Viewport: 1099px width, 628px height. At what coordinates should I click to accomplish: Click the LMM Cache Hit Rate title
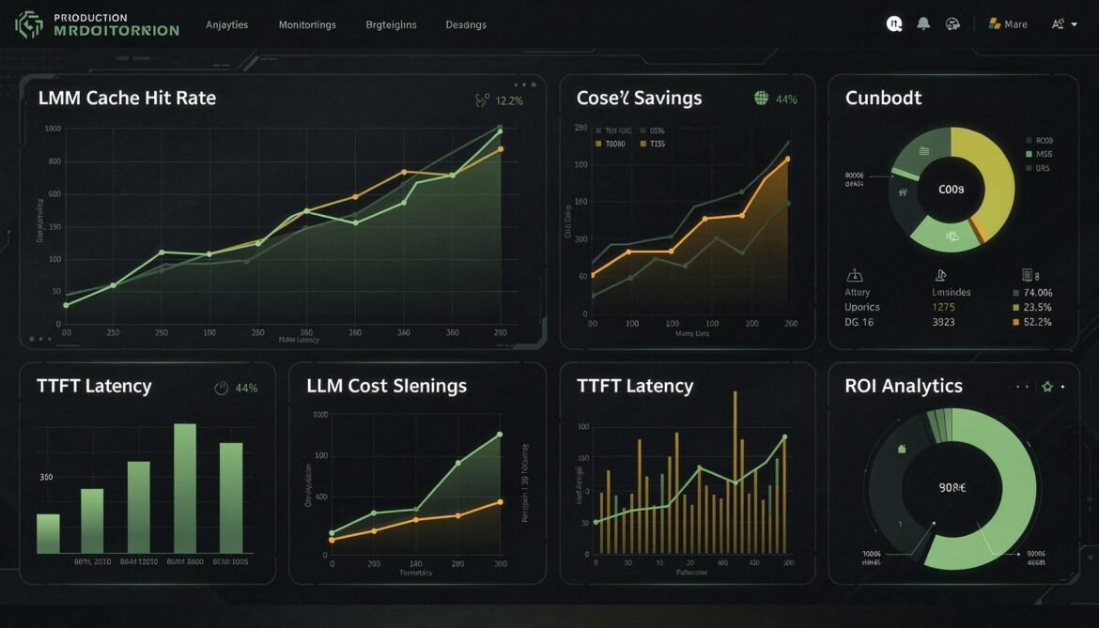pos(127,98)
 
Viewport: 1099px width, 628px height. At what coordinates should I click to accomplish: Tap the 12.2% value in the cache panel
pos(508,100)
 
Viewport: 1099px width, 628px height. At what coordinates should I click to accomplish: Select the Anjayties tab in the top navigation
pos(226,24)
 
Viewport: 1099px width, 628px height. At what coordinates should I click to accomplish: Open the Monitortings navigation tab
pos(307,24)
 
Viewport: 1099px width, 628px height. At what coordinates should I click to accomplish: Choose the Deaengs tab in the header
pos(466,24)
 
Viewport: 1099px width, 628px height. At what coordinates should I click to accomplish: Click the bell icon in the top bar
pos(923,23)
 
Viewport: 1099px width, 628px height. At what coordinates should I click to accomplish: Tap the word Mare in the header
pos(1015,24)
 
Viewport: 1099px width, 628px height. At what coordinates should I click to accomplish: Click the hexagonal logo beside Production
pos(29,24)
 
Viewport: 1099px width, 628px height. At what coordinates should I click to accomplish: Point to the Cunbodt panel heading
pos(883,98)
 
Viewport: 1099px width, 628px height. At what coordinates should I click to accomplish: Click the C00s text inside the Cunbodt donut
pos(951,189)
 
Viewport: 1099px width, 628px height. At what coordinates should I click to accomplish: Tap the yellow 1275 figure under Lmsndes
pos(943,307)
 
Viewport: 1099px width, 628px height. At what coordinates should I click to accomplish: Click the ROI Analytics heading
pos(903,386)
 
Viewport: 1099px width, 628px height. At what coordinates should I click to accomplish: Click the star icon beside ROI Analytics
pos(1047,386)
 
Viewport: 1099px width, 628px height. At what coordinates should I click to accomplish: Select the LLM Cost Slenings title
pos(386,386)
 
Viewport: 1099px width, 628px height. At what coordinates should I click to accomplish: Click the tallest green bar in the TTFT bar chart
pos(185,488)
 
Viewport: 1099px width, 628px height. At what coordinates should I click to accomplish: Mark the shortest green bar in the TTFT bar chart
pos(48,533)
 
